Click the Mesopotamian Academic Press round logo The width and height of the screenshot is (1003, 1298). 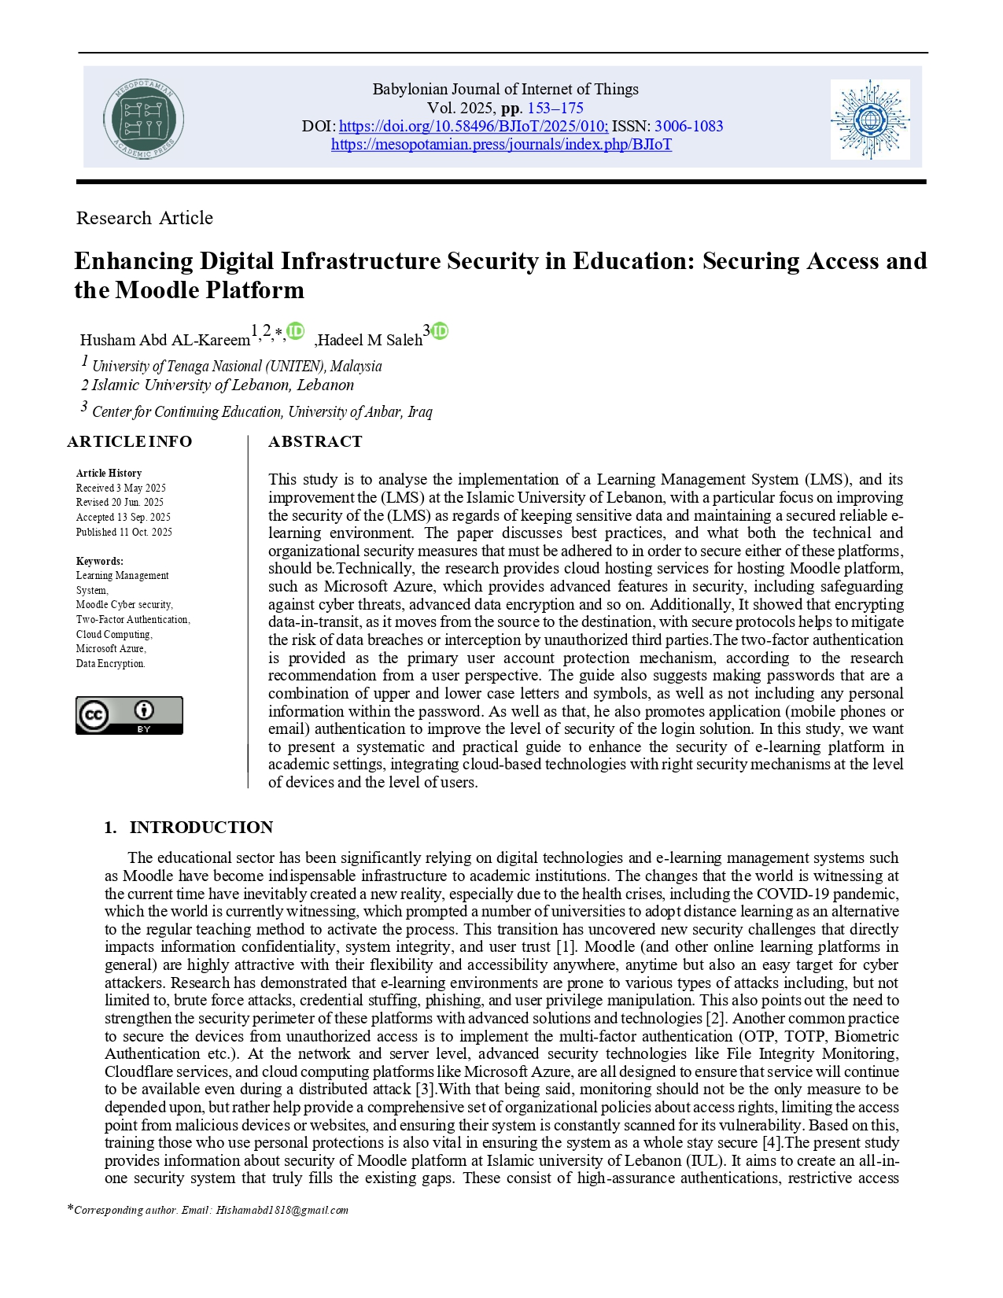(143, 120)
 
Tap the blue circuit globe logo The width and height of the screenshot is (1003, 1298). (870, 120)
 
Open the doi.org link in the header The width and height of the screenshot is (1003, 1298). (473, 127)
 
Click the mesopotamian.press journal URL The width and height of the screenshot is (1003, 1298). (501, 145)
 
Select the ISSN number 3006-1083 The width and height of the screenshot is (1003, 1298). (688, 127)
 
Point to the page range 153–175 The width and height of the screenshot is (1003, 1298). (555, 109)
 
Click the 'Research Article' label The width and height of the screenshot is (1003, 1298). (145, 218)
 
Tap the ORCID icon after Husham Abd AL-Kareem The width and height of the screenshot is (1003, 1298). (295, 332)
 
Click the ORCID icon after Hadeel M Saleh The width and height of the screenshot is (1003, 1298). (440, 332)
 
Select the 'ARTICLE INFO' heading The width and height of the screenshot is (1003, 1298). (130, 441)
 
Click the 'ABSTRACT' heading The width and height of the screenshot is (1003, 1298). (315, 441)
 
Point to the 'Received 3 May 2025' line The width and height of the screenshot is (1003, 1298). (120, 488)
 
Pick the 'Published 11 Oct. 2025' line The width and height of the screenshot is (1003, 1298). (124, 532)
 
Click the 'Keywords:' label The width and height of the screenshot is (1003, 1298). (99, 561)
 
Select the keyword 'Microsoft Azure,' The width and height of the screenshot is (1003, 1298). (111, 649)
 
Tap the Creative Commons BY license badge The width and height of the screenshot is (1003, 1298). (129, 715)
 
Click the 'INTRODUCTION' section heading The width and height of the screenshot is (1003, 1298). (201, 828)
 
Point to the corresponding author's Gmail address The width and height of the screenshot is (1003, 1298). (282, 1210)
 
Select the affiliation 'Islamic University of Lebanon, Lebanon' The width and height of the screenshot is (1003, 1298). (223, 385)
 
